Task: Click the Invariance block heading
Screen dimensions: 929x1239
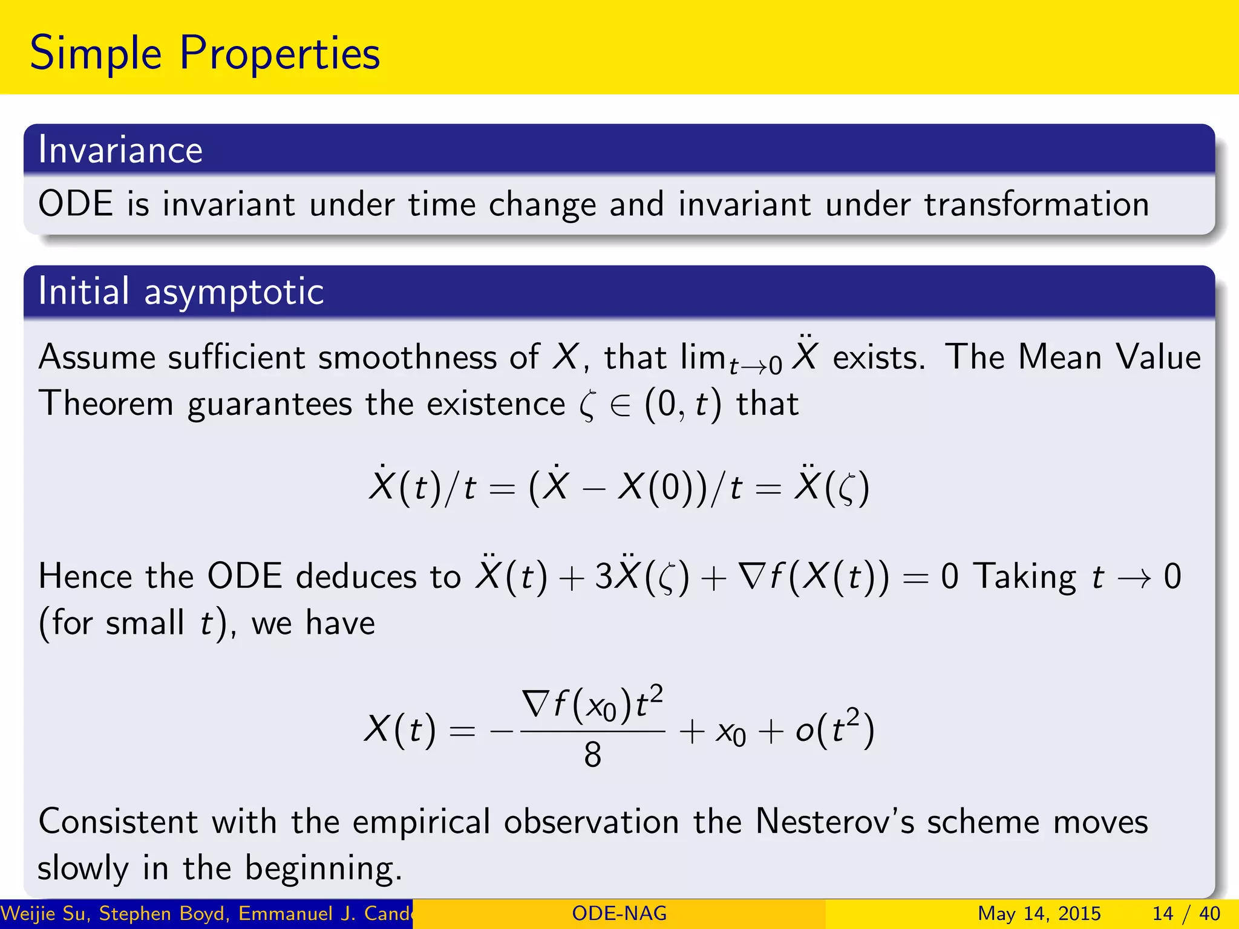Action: tap(120, 150)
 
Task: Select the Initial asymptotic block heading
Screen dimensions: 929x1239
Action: tap(181, 292)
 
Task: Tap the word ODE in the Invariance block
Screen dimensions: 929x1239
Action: tap(76, 204)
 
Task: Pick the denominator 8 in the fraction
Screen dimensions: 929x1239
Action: tap(592, 755)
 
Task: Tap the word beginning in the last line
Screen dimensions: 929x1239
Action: tap(323, 869)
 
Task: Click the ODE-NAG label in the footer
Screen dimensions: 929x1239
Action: tap(619, 913)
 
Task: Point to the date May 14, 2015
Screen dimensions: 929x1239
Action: tap(1039, 913)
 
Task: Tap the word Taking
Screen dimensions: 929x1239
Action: tap(1026, 576)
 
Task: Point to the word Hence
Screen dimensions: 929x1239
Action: tap(85, 576)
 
